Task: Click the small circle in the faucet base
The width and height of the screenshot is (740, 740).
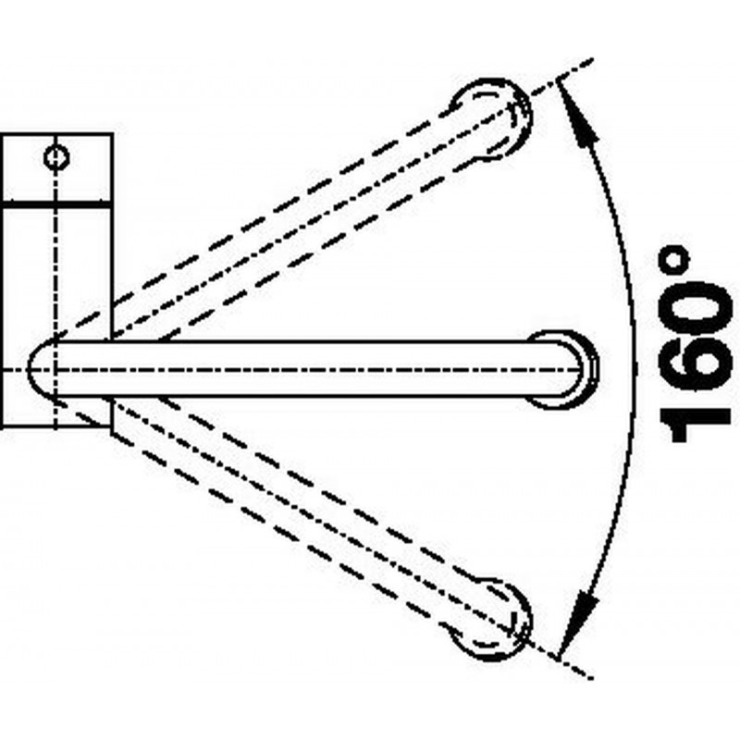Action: [x=56, y=157]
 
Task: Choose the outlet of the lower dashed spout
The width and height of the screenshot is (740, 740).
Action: [x=491, y=619]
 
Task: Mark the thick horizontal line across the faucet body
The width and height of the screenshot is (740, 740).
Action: [x=56, y=205]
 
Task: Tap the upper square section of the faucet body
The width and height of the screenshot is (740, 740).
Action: [x=56, y=168]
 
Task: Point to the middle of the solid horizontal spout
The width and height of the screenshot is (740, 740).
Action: [x=312, y=368]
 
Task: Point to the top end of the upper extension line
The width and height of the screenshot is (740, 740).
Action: [x=592, y=59]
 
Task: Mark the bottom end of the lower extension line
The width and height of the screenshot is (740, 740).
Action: [x=592, y=679]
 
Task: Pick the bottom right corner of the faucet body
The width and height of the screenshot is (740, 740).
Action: [x=112, y=428]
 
